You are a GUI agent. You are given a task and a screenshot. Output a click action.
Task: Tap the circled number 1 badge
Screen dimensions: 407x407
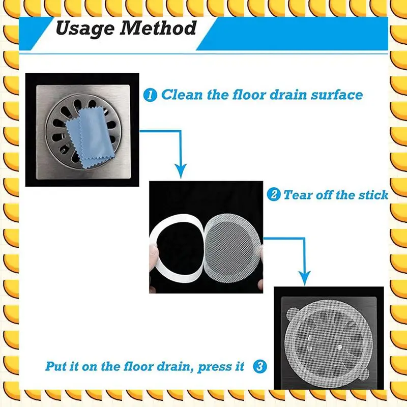click(150, 95)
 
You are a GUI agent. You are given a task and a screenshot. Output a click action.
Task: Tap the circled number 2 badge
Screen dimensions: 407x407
click(274, 195)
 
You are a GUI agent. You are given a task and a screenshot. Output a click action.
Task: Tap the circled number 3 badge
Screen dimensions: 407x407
click(260, 366)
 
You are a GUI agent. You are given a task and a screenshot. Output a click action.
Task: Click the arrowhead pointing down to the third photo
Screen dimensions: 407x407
click(304, 277)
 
